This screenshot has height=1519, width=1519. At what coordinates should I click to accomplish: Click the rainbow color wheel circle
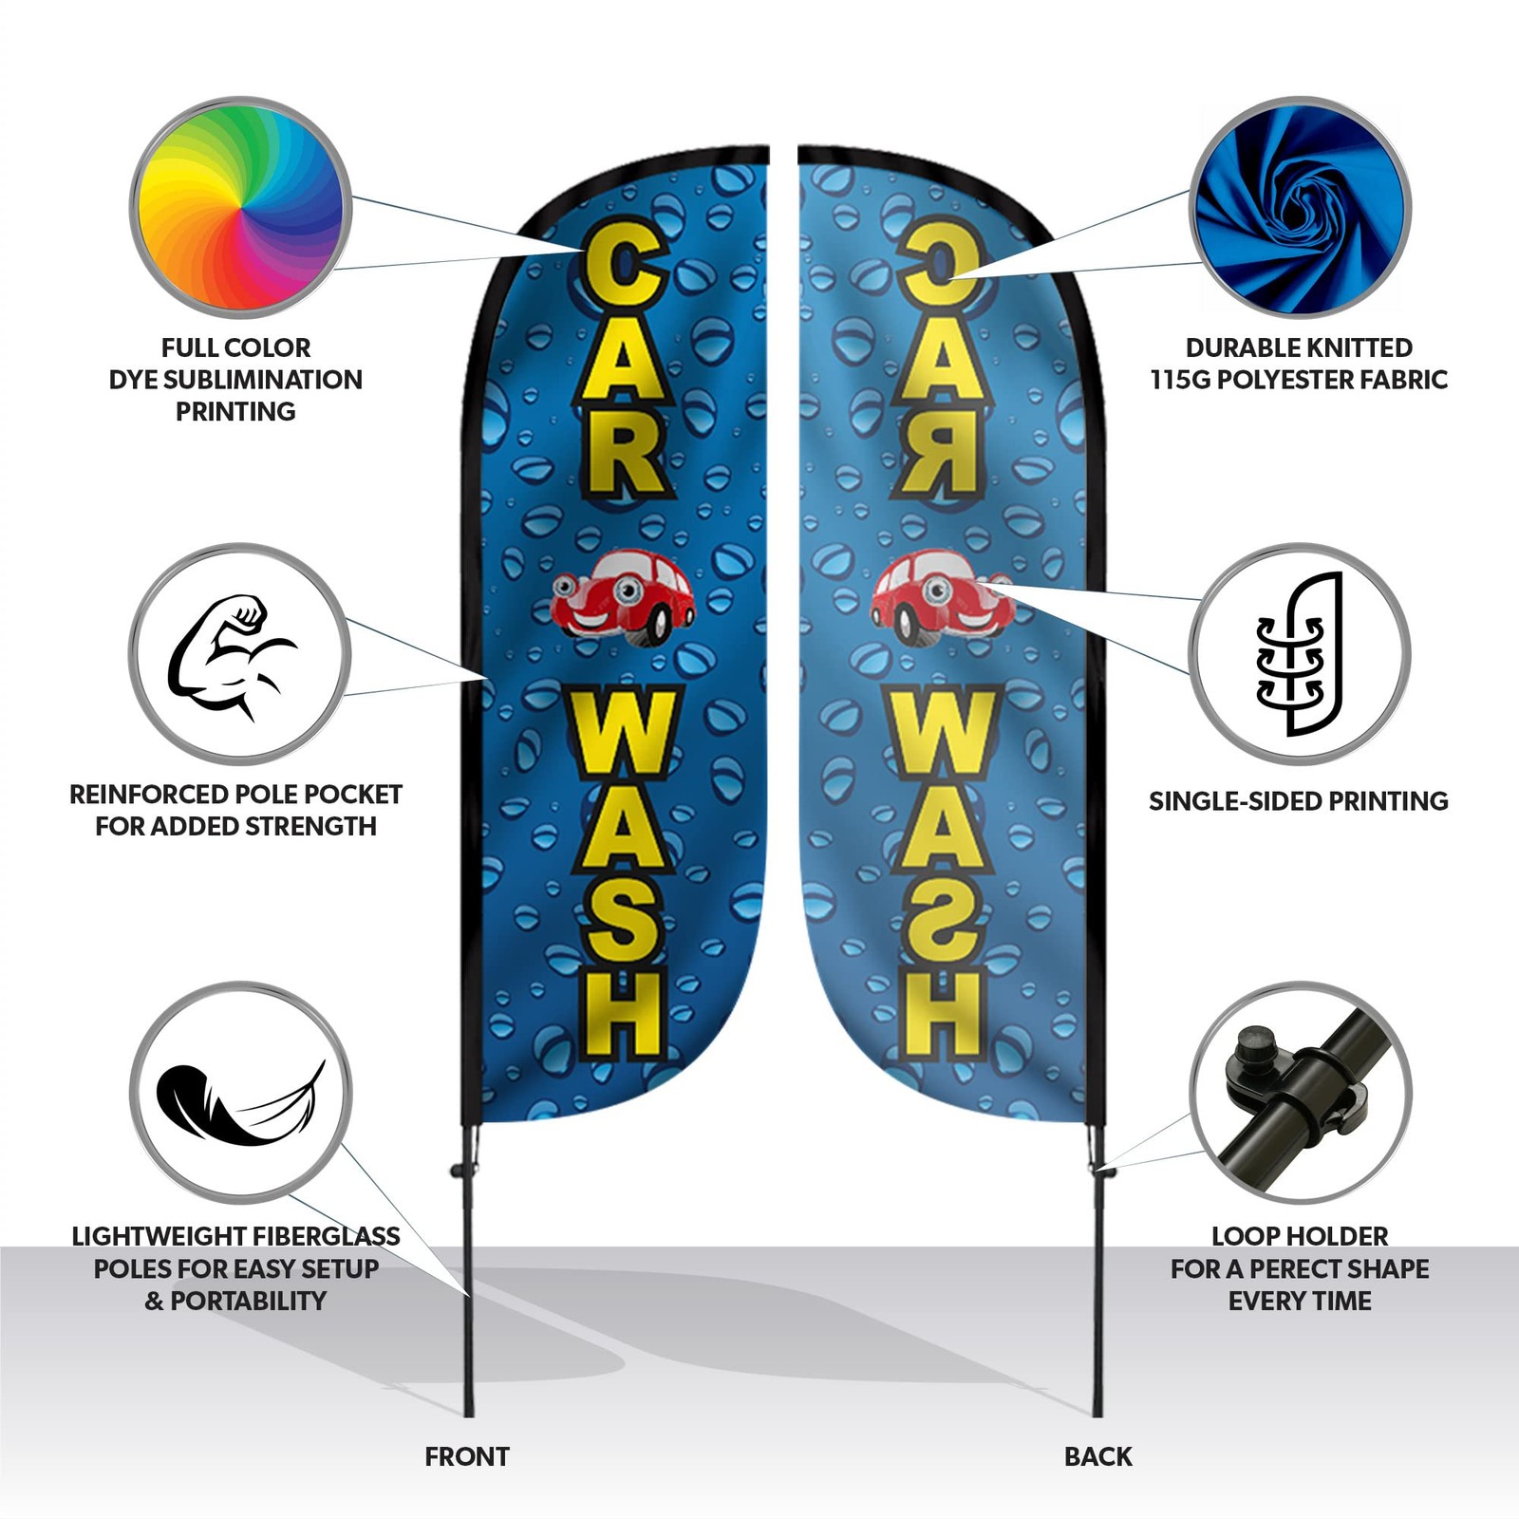240,207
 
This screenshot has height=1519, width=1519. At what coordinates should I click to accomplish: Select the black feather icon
240,1104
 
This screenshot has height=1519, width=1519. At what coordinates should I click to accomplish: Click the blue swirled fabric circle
1300,207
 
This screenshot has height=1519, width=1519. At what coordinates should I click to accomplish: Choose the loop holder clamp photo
1300,1093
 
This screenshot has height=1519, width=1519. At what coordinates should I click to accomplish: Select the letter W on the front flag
623,739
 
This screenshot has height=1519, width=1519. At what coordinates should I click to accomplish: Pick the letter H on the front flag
622,1012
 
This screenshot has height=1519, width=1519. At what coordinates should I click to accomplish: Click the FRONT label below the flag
467,1456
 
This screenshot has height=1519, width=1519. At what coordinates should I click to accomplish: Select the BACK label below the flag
1098,1456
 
